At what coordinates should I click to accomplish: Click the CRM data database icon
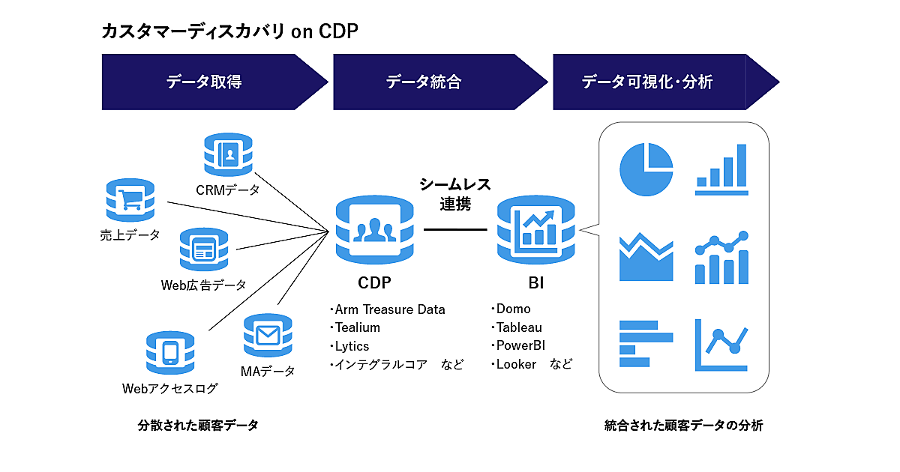(228, 155)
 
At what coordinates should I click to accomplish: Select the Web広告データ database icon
(203, 249)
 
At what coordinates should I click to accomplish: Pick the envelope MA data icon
(267, 335)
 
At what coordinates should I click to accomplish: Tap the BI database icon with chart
(535, 229)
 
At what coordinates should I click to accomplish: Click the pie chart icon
(646, 169)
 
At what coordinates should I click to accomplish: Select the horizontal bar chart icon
(638, 344)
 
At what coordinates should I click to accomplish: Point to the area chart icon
(646, 257)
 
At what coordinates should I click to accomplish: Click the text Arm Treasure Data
(389, 309)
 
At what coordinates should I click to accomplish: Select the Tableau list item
(518, 327)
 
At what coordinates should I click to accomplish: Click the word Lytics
(352, 346)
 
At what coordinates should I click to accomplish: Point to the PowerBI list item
(523, 346)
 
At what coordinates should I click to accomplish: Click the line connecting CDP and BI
(455, 229)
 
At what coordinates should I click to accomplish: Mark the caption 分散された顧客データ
(198, 426)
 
